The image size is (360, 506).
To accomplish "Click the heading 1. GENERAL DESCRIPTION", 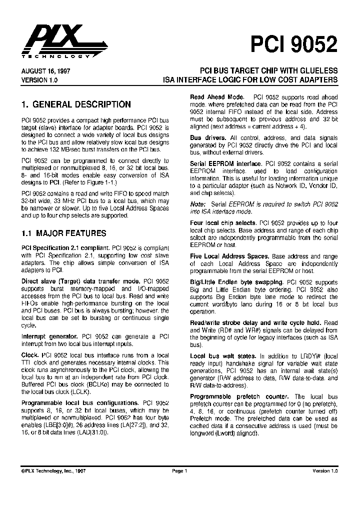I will pos(76,104).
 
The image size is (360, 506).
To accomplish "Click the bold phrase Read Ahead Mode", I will pos(217,97).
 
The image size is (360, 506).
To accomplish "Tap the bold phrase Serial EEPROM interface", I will pos(226,163).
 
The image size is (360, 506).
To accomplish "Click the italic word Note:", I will pos(198,204).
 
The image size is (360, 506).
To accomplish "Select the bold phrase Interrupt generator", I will pos(49,336).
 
